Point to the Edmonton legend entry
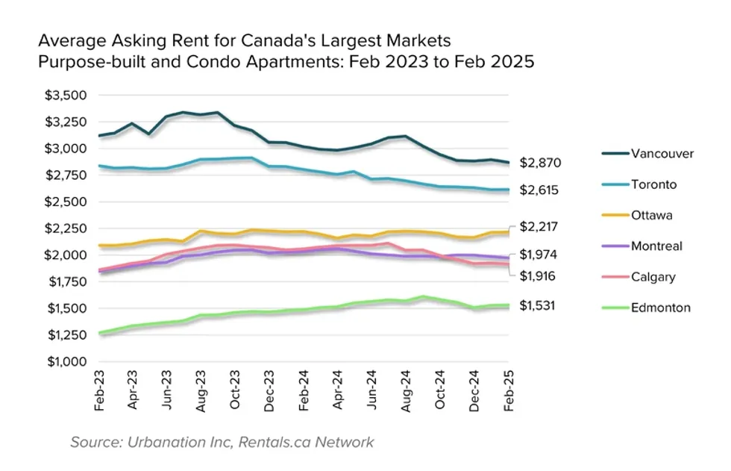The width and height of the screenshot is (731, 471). [660, 308]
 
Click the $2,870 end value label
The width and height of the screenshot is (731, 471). [541, 163]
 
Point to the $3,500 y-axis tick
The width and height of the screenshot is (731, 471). [66, 95]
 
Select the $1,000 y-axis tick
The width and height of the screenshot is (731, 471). [66, 362]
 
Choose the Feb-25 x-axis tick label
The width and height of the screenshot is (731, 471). [508, 390]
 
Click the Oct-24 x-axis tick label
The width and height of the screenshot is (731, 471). [440, 390]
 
